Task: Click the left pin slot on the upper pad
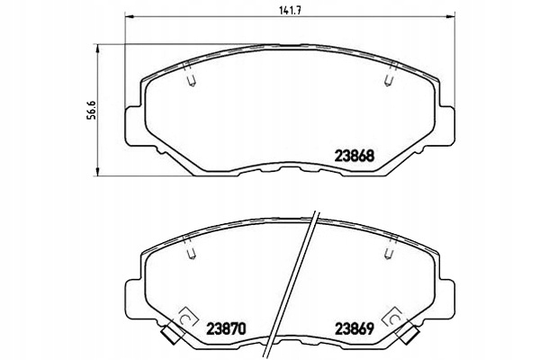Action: pos(190,81)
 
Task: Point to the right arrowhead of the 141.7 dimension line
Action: pos(448,18)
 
